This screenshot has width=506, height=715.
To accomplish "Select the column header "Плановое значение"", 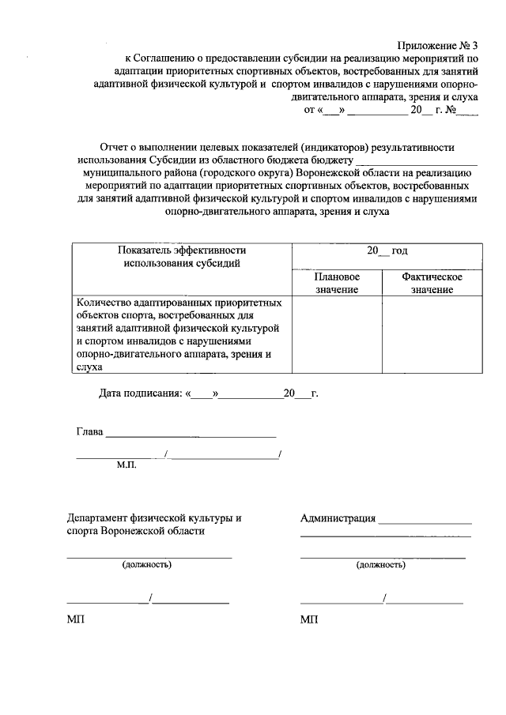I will click(x=337, y=284).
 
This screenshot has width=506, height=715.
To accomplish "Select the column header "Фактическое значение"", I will click(x=431, y=284).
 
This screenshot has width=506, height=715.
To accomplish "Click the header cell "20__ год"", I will click(x=387, y=250).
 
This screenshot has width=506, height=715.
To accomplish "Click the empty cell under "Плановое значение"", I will click(x=337, y=333).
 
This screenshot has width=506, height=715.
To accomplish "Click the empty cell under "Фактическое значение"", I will click(x=431, y=333).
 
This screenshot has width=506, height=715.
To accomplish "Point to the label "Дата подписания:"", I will click(x=139, y=393).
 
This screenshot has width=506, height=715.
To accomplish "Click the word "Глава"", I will click(x=89, y=432).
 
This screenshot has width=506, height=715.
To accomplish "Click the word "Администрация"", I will click(x=338, y=518).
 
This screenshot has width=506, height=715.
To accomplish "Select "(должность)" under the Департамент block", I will click(x=146, y=565).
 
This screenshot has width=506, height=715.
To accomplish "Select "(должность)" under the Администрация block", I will click(x=381, y=565).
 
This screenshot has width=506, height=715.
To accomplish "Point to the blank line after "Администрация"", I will click(x=425, y=522).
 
